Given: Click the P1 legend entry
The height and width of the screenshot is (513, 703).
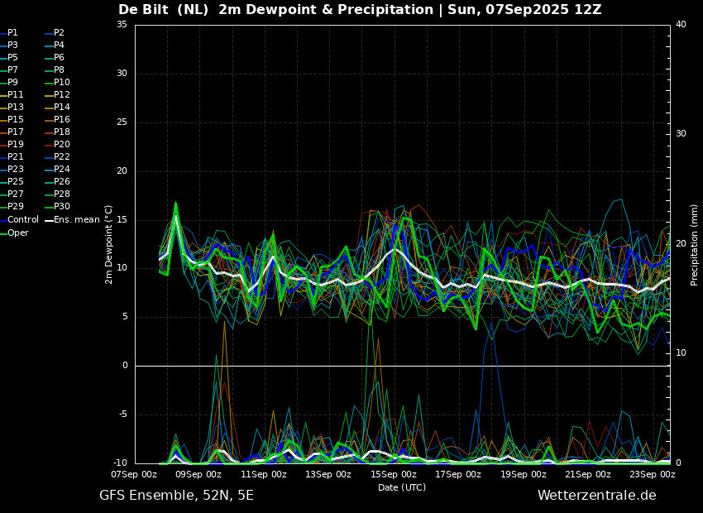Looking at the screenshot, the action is pyautogui.click(x=9, y=33).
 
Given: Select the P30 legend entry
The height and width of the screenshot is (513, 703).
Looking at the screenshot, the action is pyautogui.click(x=57, y=206).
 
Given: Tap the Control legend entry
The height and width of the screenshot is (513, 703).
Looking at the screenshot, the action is pyautogui.click(x=20, y=220).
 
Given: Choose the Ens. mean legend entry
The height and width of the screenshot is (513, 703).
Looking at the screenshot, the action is pyautogui.click(x=72, y=220).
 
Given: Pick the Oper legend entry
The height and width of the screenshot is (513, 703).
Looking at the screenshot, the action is pyautogui.click(x=14, y=233).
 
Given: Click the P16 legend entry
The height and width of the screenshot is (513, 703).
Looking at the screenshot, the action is pyautogui.click(x=57, y=120).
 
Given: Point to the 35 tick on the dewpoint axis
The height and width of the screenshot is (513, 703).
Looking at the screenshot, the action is pyautogui.click(x=122, y=24).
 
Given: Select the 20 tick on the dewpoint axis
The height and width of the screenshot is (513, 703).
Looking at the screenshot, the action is pyautogui.click(x=122, y=170).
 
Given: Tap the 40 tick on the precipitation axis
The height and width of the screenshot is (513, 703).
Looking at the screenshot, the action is pyautogui.click(x=681, y=24).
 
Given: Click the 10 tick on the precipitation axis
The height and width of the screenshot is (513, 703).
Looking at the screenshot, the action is pyautogui.click(x=681, y=353).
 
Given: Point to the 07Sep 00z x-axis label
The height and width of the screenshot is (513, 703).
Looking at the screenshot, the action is pyautogui.click(x=134, y=474).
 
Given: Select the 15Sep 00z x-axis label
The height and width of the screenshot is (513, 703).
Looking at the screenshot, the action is pyautogui.click(x=394, y=474).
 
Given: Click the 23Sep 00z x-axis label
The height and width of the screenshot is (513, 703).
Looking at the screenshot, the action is pyautogui.click(x=653, y=474).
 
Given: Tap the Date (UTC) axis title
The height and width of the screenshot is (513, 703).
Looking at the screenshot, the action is pyautogui.click(x=402, y=487).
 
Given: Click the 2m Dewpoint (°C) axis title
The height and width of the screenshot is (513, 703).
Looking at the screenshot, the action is pyautogui.click(x=108, y=245).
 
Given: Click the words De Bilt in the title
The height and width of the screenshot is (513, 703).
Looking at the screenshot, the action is pyautogui.click(x=143, y=9).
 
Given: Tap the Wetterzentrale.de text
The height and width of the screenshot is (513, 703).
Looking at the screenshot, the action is pyautogui.click(x=597, y=496).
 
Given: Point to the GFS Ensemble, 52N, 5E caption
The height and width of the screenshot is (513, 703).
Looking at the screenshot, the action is pyautogui.click(x=177, y=496).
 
